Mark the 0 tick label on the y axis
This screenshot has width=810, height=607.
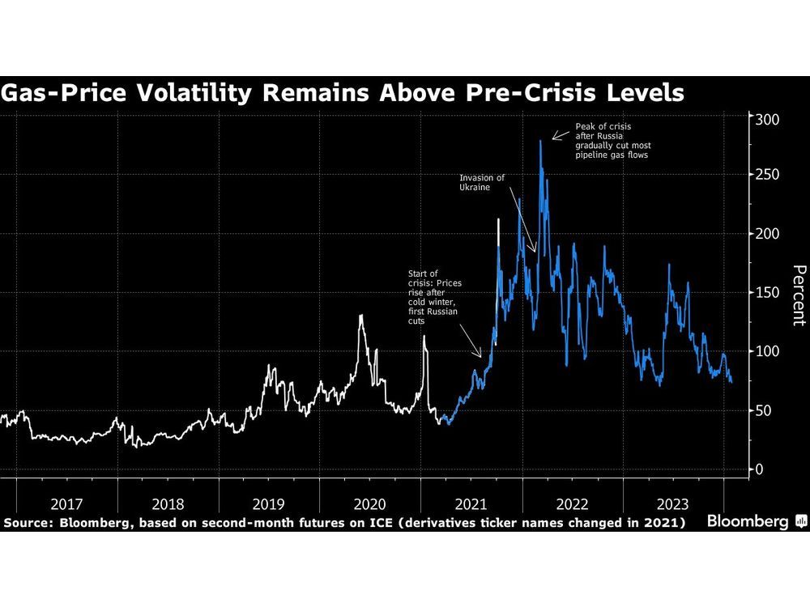pos(759,469)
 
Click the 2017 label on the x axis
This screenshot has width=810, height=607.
pos(67,503)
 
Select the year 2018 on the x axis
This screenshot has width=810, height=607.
pos(168,503)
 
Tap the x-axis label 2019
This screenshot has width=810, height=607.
pos(269,503)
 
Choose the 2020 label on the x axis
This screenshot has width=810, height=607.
pos(370,503)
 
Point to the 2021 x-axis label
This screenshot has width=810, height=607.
pos(471,503)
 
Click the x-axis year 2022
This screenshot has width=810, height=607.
pos(573,503)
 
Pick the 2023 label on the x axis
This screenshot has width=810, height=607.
pos(673,503)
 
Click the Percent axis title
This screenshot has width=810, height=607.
pos(797,295)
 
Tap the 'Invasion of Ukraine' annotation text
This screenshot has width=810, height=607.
pos(482,182)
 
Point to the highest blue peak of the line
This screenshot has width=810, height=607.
pos(540,142)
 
